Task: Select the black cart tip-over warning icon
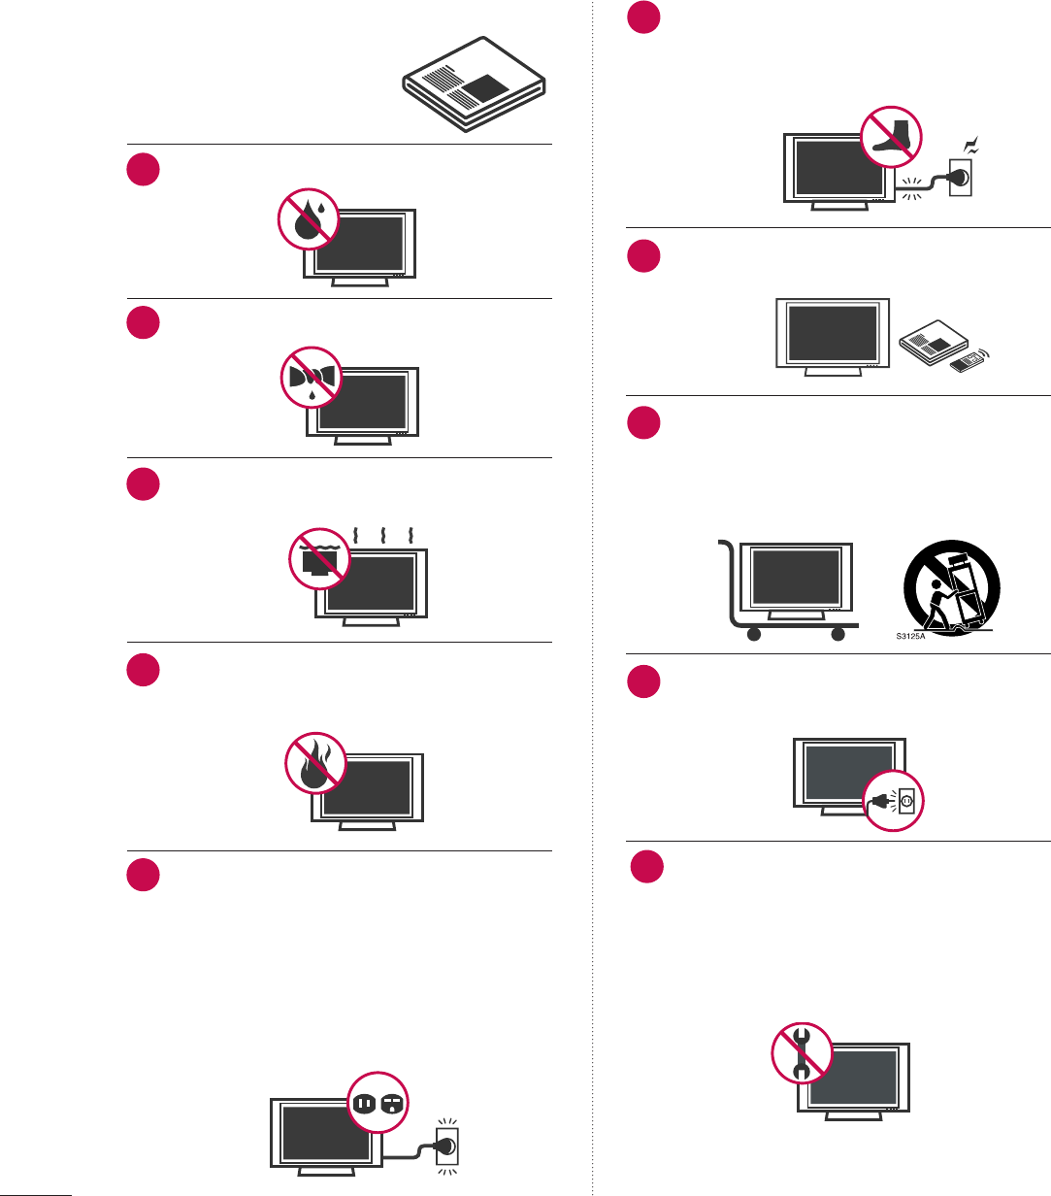point(952,581)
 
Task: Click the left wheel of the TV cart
point(752,636)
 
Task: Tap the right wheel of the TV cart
point(838,636)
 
